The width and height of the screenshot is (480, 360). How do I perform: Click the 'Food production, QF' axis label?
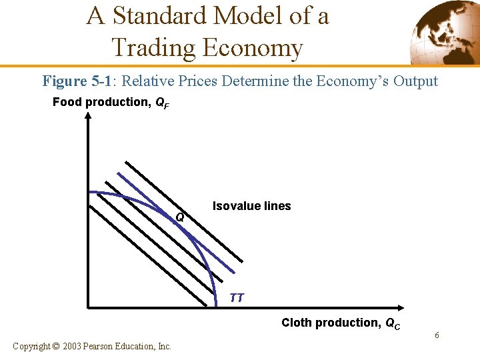pyautogui.click(x=110, y=103)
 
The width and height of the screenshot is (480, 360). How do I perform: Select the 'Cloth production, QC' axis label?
pyautogui.click(x=341, y=323)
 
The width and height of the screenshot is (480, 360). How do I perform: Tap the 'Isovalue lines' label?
pyautogui.click(x=251, y=206)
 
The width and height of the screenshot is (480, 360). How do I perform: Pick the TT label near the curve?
pyautogui.click(x=237, y=297)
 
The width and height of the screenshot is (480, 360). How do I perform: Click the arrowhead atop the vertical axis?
pyautogui.click(x=88, y=115)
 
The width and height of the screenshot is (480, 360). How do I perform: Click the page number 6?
pyautogui.click(x=437, y=335)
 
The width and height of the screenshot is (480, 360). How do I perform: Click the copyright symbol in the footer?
pyautogui.click(x=55, y=346)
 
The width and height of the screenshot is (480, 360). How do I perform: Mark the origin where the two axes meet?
pyautogui.click(x=88, y=308)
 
